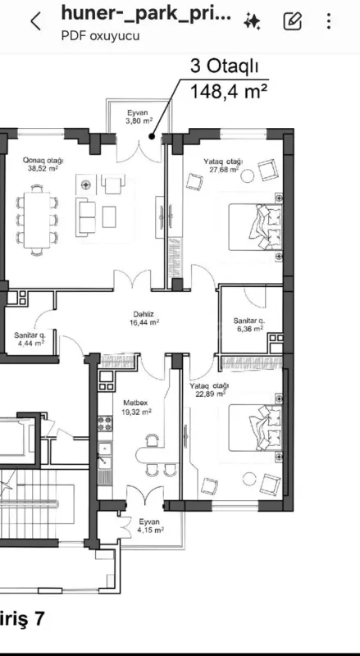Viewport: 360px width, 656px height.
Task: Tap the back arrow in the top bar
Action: tap(35, 22)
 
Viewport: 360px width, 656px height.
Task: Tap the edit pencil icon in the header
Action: tap(293, 21)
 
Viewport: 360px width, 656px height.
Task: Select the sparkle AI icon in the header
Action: tap(253, 21)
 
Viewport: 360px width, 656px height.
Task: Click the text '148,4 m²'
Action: tap(230, 90)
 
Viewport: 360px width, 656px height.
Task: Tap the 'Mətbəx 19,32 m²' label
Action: tap(137, 408)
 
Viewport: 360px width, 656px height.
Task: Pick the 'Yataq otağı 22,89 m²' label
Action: tap(209, 389)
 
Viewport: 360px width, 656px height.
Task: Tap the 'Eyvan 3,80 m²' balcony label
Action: tap(139, 116)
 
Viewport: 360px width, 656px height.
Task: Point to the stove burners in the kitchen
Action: tap(105, 425)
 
